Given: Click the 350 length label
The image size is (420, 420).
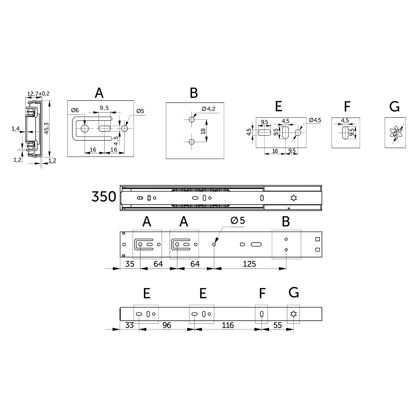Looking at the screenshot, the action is (104, 197).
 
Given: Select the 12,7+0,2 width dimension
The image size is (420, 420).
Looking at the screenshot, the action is (38, 94).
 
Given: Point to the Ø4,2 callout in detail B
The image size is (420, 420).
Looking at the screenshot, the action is (208, 109).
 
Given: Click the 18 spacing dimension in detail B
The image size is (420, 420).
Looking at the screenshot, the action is (203, 131).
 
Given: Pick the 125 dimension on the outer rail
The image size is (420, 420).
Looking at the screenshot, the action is (249, 264).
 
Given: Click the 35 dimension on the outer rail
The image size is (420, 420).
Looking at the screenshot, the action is (130, 264).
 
